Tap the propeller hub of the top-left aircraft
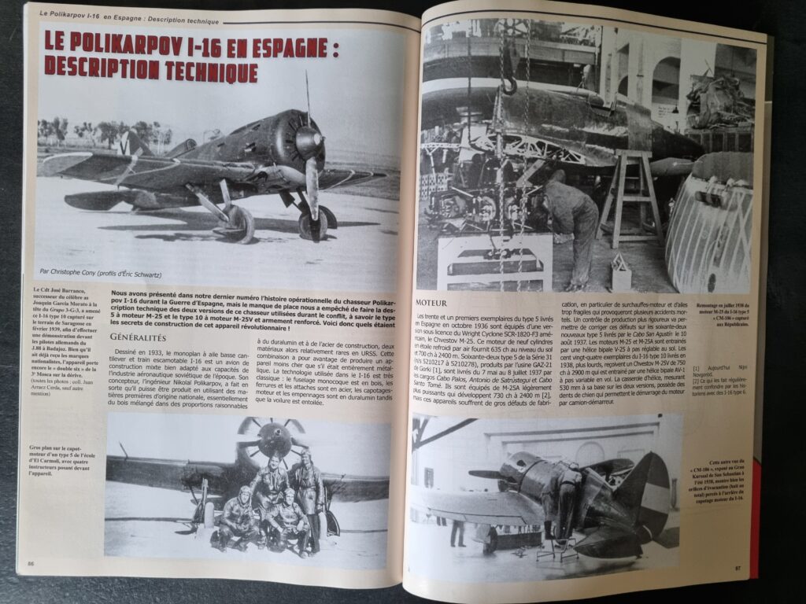click(307, 142)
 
